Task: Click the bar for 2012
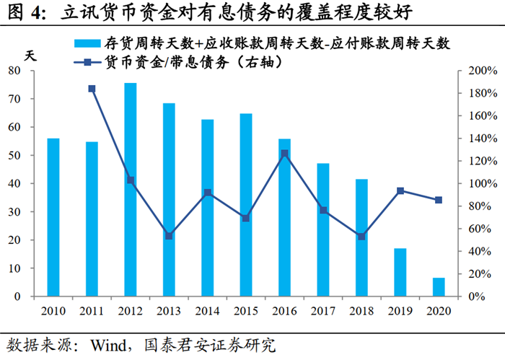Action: pos(131,190)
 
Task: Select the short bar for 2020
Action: pos(439,287)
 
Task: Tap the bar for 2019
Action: pos(400,273)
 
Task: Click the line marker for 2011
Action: pos(92,89)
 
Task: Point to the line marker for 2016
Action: pos(284,153)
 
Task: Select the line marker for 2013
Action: pos(169,236)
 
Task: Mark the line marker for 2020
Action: pos(439,200)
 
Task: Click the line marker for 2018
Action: pos(361,237)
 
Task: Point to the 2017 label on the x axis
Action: pos(322,311)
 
